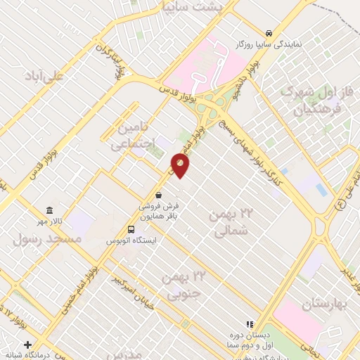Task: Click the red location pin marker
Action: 180,166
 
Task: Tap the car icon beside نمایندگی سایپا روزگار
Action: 269,33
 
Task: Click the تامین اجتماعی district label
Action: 129,136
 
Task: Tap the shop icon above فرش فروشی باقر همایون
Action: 160,195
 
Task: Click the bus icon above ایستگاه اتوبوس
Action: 131,229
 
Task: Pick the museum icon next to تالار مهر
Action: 49,211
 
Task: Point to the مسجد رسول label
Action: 47,239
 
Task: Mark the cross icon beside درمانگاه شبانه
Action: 27,345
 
